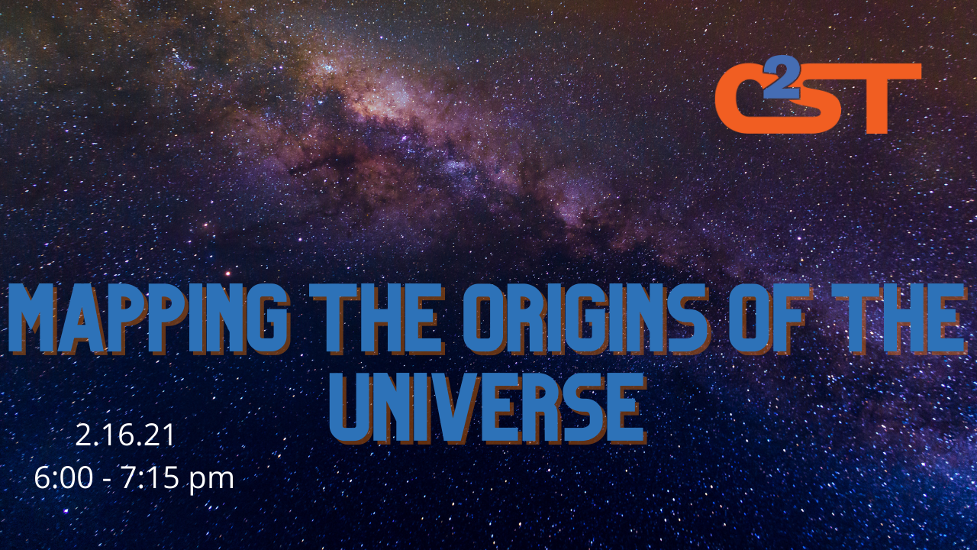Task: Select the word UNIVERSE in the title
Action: [x=488, y=408]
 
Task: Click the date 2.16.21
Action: [x=125, y=435]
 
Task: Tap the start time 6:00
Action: [x=63, y=478]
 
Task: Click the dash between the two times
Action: [x=108, y=480]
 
